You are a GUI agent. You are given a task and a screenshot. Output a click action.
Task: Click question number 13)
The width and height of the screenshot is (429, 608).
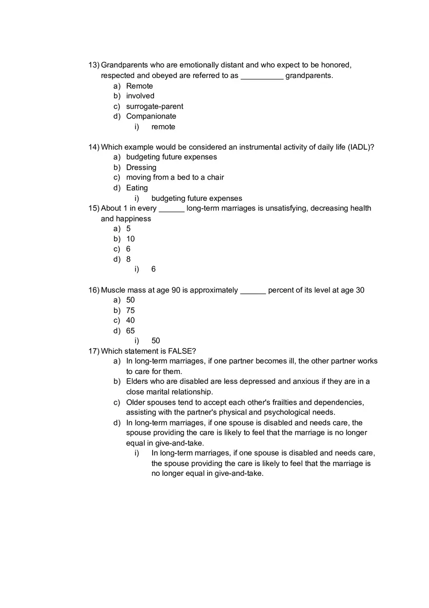(94, 65)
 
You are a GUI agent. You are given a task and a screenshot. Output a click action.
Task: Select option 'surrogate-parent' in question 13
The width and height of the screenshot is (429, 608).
(155, 106)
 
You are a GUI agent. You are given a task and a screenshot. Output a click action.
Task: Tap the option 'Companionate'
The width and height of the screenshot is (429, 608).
(151, 116)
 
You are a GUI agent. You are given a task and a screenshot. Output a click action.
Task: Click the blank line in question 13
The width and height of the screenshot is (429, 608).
(262, 76)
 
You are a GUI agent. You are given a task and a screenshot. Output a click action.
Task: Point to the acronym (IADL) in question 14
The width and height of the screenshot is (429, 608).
(361, 147)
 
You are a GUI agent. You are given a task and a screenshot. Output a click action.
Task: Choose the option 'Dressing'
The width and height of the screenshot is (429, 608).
(141, 167)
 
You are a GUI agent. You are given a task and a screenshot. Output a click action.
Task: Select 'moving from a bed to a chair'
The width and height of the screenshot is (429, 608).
(175, 177)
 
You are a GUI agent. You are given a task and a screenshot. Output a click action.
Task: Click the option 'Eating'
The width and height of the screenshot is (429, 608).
(137, 188)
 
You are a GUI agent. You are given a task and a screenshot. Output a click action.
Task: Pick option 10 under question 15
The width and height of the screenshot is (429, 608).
(131, 239)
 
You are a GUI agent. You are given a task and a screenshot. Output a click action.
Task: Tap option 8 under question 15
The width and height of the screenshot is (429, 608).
(129, 259)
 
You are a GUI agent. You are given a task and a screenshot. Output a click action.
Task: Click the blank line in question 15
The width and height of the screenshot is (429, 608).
(172, 209)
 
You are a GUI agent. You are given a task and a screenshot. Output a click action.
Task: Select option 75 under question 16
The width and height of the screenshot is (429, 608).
(131, 311)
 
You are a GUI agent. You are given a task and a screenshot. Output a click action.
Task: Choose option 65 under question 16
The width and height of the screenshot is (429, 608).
(131, 331)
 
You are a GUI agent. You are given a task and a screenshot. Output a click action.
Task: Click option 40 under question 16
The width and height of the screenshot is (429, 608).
(131, 320)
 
